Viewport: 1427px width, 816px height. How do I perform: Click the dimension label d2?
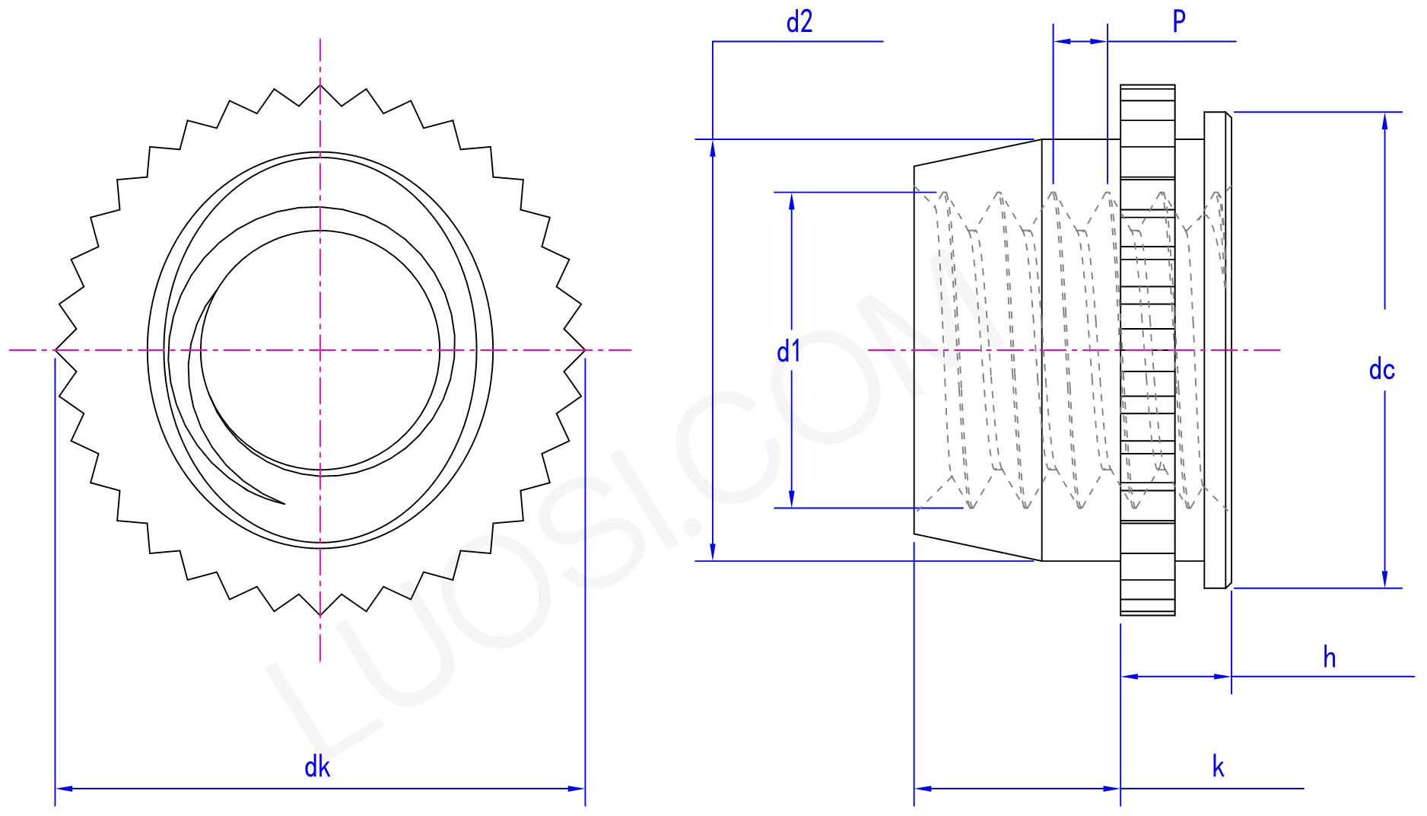pos(799,22)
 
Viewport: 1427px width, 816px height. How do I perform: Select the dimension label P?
pos(1178,21)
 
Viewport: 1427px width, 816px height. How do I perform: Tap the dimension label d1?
pos(788,352)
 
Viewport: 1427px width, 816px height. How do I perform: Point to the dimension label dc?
pos(1381,370)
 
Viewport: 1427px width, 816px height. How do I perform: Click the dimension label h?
pos(1329,657)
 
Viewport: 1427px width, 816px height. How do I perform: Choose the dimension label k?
pos(1218,767)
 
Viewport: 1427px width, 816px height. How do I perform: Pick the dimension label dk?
pos(316,767)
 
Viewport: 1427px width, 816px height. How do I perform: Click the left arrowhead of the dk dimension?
pos(63,789)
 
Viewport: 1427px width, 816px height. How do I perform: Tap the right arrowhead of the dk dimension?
pos(577,789)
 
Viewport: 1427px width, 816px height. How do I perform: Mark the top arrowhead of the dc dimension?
pos(1384,120)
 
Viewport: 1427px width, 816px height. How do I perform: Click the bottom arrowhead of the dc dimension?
pos(1384,580)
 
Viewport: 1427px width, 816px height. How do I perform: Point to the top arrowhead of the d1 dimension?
pos(792,200)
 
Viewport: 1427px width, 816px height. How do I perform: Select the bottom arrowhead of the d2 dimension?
pos(713,553)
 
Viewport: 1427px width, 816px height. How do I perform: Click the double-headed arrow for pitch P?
pos(1080,41)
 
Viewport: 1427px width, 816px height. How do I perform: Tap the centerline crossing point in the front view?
pos(320,350)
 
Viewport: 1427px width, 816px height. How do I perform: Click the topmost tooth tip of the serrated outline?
pos(320,84)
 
